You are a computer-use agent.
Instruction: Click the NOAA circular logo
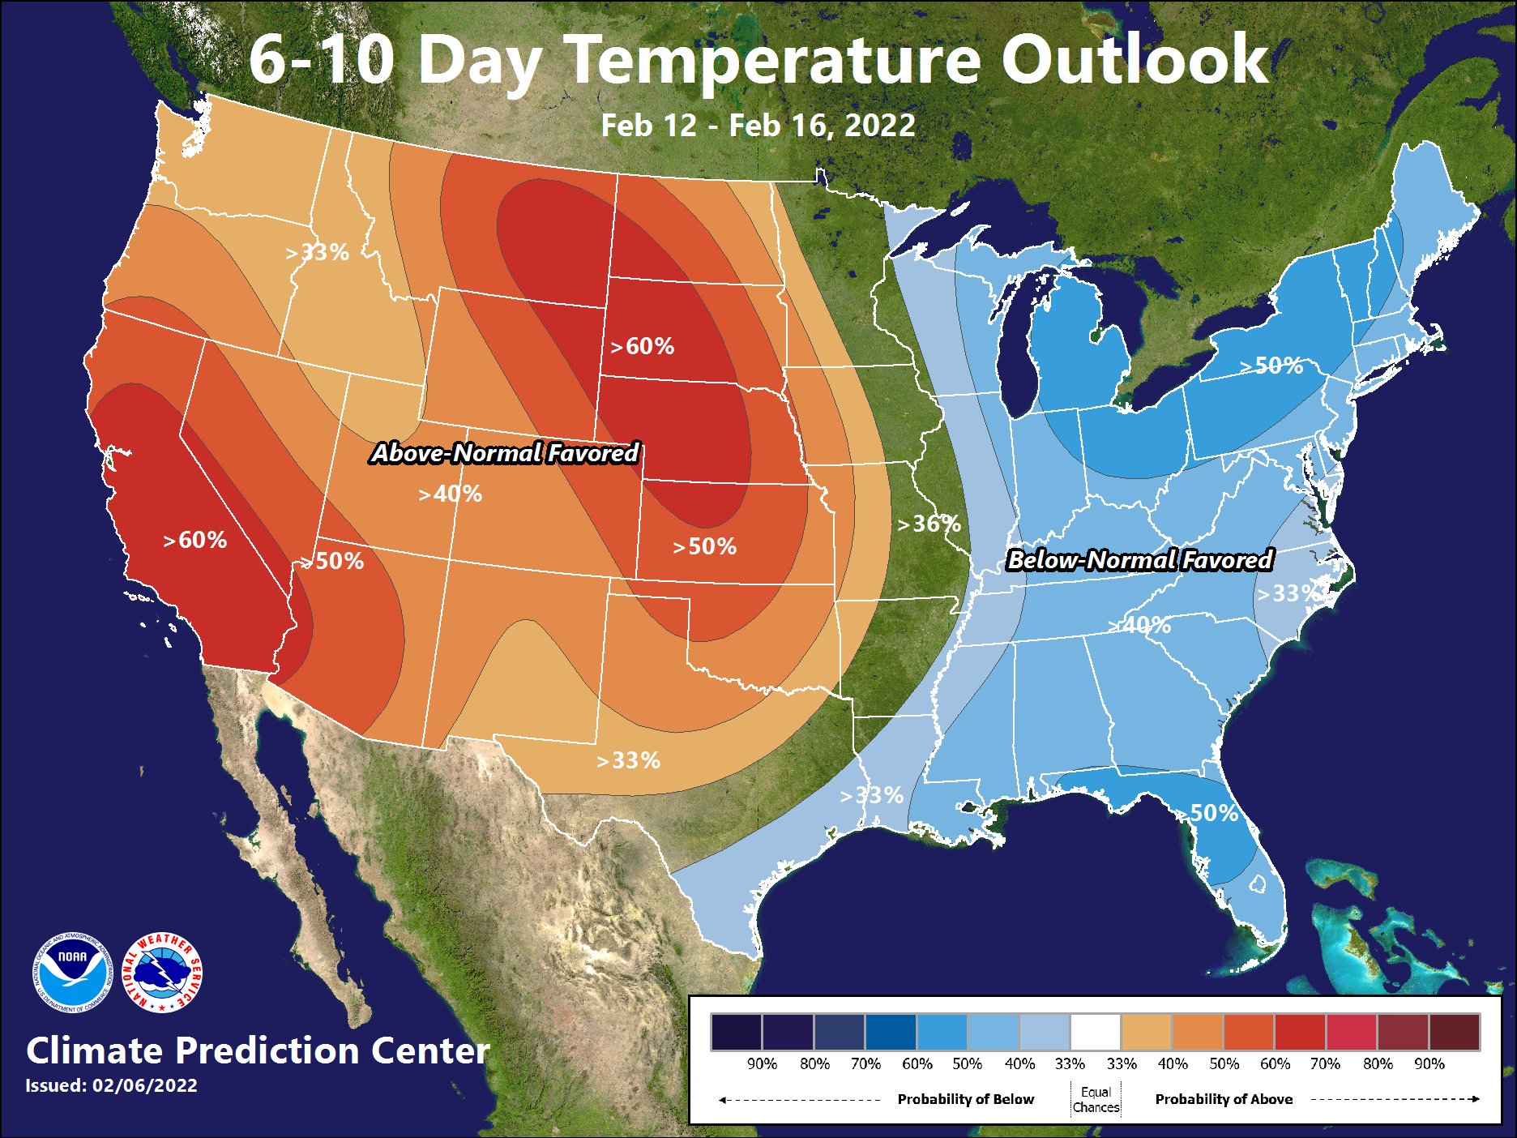(x=71, y=972)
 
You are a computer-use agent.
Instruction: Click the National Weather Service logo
(x=162, y=972)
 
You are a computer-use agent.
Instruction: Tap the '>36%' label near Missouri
(x=929, y=524)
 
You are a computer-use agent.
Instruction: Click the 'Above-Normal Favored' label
(x=506, y=452)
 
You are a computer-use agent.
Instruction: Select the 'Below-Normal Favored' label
(x=1139, y=560)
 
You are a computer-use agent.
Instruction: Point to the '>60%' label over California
(x=194, y=540)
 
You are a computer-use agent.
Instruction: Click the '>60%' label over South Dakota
(x=642, y=347)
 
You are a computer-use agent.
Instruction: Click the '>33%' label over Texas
(x=628, y=760)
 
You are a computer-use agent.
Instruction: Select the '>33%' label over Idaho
(x=317, y=253)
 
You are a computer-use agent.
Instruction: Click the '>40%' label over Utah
(x=450, y=494)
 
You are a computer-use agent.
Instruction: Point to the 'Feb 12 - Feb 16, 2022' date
(x=758, y=126)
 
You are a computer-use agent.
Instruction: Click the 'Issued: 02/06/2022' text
(x=111, y=1085)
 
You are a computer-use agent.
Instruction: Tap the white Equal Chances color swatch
(x=1096, y=1032)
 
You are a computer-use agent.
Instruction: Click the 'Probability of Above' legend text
(x=1224, y=1099)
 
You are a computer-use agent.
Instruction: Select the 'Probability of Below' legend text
(x=965, y=1099)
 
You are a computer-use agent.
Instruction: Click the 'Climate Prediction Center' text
(x=258, y=1050)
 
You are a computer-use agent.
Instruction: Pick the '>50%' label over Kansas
(x=704, y=547)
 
